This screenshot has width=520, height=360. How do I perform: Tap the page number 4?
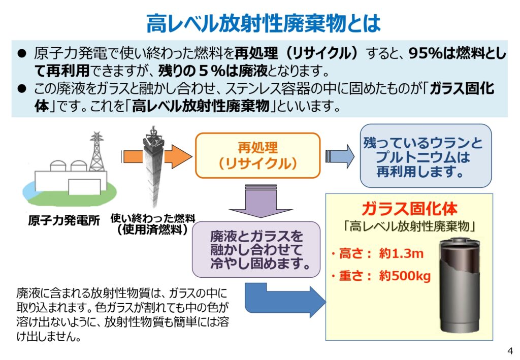tap(510, 350)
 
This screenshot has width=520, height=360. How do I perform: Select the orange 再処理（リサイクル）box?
tap(257, 155)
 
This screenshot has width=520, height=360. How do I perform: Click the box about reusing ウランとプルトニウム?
tap(426, 156)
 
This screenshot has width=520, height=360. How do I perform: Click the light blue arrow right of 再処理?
tap(340, 155)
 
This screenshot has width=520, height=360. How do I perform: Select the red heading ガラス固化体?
tap(409, 209)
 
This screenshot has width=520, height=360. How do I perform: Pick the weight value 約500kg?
tap(405, 276)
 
